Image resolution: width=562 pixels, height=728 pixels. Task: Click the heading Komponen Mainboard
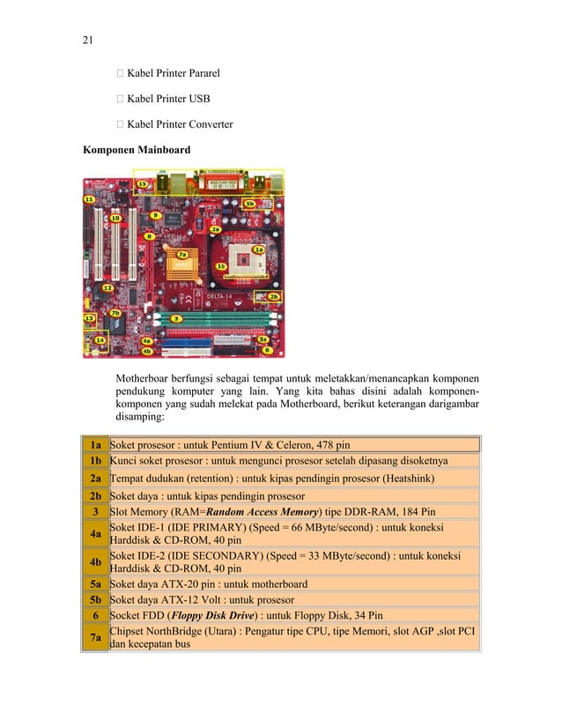click(136, 150)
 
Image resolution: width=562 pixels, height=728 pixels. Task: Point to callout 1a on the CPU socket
click(259, 249)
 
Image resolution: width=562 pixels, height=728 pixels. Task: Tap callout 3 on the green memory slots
click(176, 318)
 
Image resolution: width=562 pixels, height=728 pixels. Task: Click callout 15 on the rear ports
click(142, 184)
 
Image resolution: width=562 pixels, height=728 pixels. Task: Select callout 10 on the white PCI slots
click(115, 217)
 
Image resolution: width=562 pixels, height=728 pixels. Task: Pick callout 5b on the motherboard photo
click(249, 204)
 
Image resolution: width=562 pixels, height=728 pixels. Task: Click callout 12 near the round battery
click(107, 287)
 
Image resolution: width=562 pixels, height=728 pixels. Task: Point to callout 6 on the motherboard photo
click(266, 350)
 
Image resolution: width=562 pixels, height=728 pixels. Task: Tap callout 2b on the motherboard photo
click(274, 297)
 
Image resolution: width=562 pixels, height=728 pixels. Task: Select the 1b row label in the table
click(94, 461)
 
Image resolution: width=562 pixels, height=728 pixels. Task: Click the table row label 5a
click(94, 583)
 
